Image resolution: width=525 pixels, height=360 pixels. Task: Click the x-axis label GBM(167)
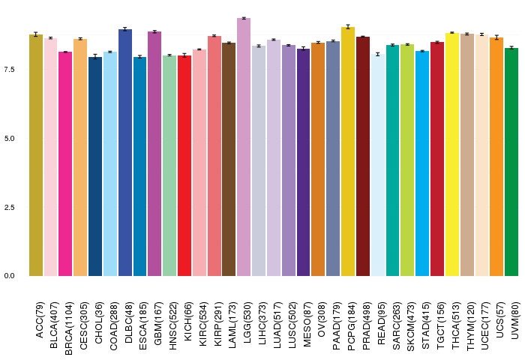click(x=154, y=322)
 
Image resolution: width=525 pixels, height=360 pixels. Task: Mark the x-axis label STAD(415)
click(x=422, y=322)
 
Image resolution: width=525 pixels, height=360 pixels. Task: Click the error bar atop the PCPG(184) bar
click(x=348, y=27)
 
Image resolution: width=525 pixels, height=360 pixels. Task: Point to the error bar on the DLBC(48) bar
click(x=124, y=29)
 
